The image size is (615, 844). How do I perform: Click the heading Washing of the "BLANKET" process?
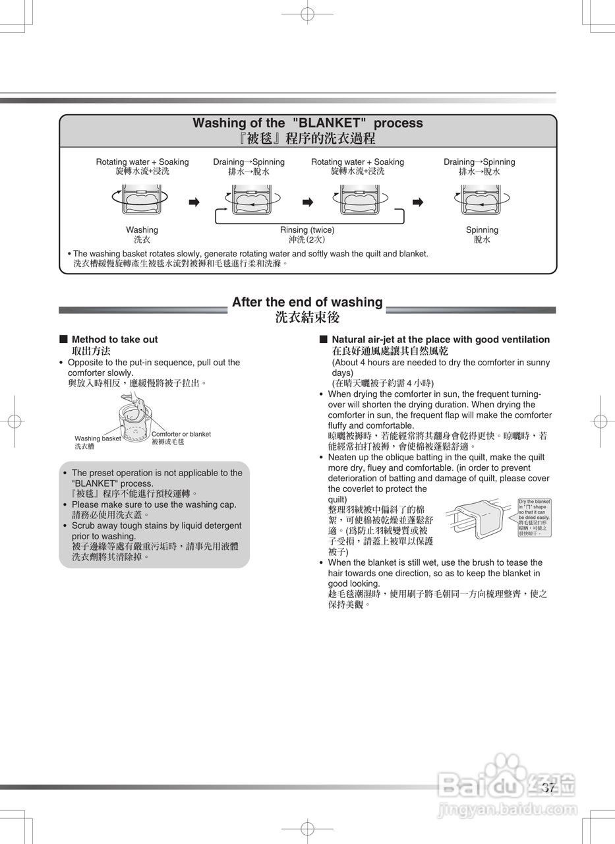point(307,123)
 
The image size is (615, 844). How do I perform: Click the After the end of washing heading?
point(307,302)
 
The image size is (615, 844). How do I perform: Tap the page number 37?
point(548,787)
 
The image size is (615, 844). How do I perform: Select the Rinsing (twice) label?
point(307,230)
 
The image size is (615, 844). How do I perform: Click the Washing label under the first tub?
point(142,230)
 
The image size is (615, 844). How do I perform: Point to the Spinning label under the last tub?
point(482,230)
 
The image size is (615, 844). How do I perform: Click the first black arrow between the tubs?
point(194,202)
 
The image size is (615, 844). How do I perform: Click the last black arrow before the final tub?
point(417,202)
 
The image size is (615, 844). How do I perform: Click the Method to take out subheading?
point(115,340)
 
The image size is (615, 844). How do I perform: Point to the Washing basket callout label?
point(98,438)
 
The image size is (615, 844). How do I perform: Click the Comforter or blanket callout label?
point(181,434)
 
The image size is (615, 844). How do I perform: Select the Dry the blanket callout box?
point(534,517)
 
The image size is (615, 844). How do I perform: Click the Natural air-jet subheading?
point(440,340)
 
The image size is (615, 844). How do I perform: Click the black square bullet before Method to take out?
point(63,339)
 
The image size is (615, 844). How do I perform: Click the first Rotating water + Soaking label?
point(142,162)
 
